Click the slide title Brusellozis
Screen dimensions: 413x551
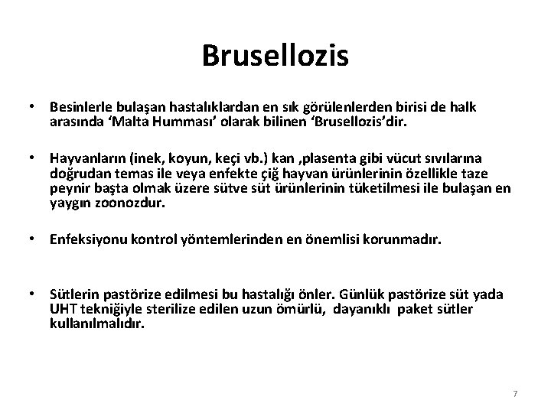[275, 55]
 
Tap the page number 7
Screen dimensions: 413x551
[515, 393]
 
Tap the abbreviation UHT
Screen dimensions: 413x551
[61, 309]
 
